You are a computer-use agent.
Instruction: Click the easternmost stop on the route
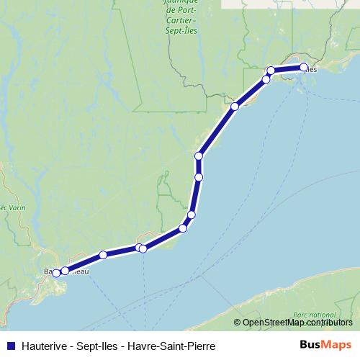pos(303,68)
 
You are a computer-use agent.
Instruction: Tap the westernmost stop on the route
pos(56,273)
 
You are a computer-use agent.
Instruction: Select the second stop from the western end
pos(65,271)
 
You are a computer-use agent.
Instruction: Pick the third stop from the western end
pos(103,255)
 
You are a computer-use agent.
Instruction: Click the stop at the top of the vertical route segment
pos(198,156)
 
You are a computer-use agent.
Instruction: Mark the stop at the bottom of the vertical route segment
pos(198,176)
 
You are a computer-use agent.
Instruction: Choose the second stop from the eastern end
pos(271,71)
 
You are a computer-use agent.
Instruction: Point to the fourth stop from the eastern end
pos(235,107)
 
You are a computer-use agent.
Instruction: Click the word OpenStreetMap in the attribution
pos(273,323)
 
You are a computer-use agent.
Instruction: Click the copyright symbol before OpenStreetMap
pos(238,323)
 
